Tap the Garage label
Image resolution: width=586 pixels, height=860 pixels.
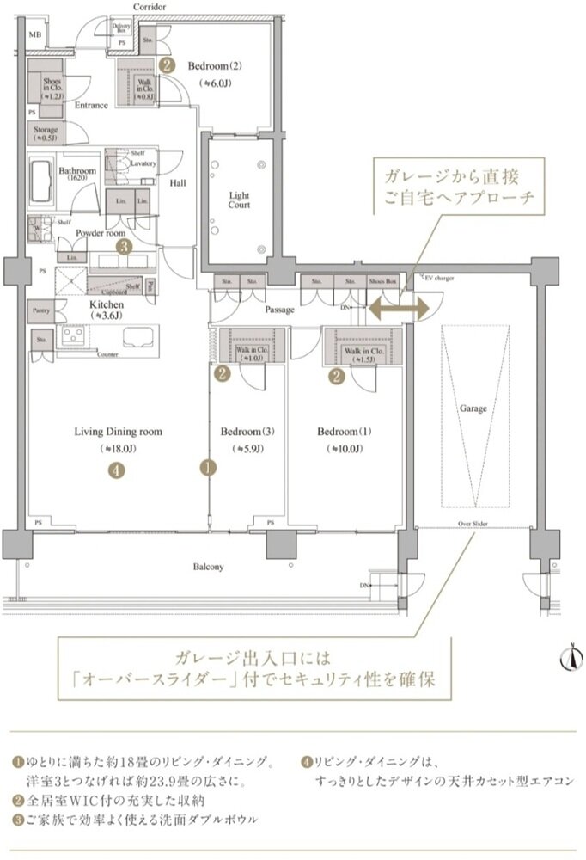[473, 408]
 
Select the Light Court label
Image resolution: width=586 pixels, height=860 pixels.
[239, 200]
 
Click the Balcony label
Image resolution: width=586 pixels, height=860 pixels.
[208, 567]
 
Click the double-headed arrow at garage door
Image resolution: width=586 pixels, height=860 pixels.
[390, 308]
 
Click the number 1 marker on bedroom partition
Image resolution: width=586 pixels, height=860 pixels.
[207, 469]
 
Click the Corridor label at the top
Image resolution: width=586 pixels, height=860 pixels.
[150, 6]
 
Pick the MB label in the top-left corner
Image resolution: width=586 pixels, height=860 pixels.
[34, 34]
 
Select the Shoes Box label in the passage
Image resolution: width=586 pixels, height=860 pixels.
[383, 280]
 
